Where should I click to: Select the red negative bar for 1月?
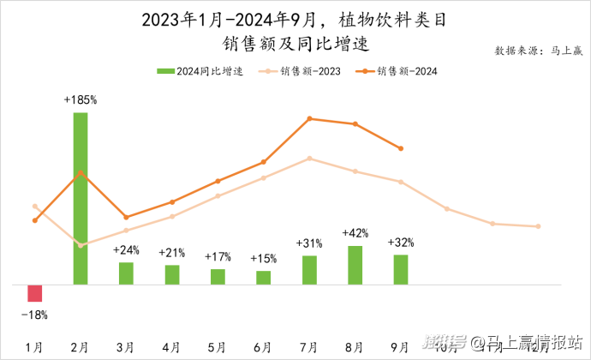coord(34,293)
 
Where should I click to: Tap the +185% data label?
coord(81,100)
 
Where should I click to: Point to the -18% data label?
coord(34,315)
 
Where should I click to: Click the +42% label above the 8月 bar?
coord(355,233)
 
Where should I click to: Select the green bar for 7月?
coord(309,269)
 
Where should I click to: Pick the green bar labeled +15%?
coord(263,277)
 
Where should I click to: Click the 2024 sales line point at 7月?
coord(309,118)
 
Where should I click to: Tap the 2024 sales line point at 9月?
coord(401,148)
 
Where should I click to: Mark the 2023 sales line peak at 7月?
coord(309,158)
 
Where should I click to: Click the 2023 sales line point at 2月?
coord(81,246)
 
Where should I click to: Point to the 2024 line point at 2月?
coord(81,172)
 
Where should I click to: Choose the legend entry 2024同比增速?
coord(202,71)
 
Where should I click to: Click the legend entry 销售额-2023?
coord(304,71)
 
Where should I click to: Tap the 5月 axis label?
coord(218,346)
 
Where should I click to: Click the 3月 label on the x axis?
coord(126,346)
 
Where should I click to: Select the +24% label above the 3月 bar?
coord(126,250)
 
